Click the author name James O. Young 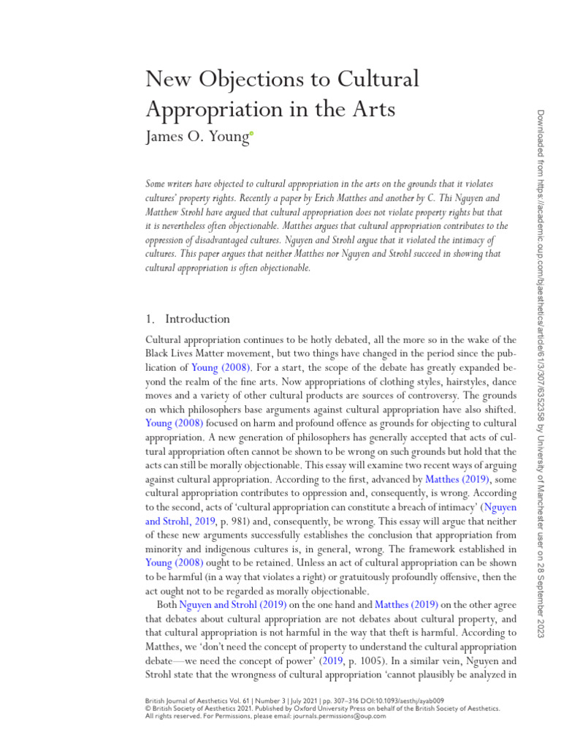coord(196,137)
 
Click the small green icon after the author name coord(251,133)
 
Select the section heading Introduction coord(197,319)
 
